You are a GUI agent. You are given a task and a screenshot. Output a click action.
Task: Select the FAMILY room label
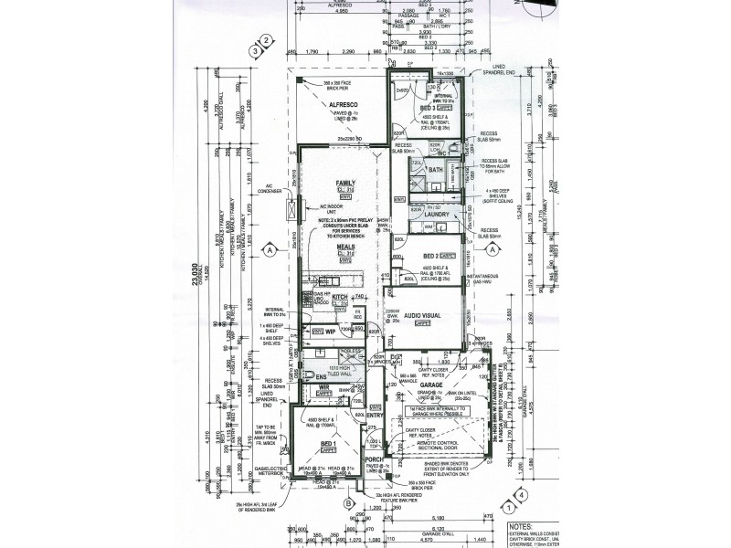(344, 183)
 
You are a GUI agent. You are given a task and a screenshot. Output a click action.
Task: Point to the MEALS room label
(344, 247)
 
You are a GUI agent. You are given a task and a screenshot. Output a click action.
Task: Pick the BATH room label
(435, 170)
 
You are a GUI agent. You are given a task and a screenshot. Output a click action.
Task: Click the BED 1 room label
(328, 445)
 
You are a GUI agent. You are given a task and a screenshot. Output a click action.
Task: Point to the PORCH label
(373, 459)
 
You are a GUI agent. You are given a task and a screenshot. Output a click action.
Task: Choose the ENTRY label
(376, 416)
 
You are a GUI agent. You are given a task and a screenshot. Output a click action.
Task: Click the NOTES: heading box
(520, 526)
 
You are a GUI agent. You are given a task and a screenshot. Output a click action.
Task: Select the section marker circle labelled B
(349, 502)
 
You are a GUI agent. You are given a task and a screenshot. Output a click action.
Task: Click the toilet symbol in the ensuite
(310, 375)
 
